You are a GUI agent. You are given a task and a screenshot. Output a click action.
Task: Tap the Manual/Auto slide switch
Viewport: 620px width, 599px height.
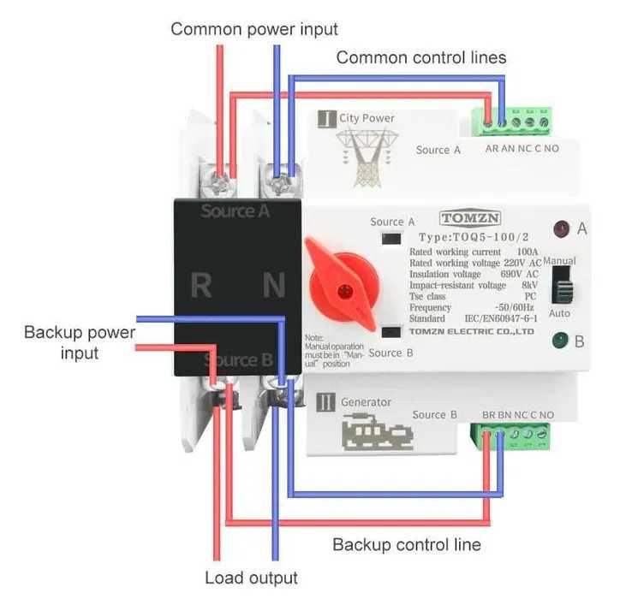[562, 284]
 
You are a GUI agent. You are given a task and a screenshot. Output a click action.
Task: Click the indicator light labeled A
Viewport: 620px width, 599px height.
[561, 229]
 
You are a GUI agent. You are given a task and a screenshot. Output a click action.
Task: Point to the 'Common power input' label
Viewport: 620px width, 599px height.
[254, 29]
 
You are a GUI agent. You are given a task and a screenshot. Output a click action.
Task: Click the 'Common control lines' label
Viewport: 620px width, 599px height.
[421, 58]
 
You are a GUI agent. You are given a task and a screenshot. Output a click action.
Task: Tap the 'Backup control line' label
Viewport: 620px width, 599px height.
[407, 544]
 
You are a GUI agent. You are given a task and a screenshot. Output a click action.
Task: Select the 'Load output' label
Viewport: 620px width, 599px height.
[251, 578]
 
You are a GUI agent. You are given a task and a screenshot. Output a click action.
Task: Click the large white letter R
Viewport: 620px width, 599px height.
[201, 285]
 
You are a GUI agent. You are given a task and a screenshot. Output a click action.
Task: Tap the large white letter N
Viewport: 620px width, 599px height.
[274, 285]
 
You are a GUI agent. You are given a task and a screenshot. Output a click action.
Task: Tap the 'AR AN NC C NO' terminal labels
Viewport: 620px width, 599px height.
[522, 149]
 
